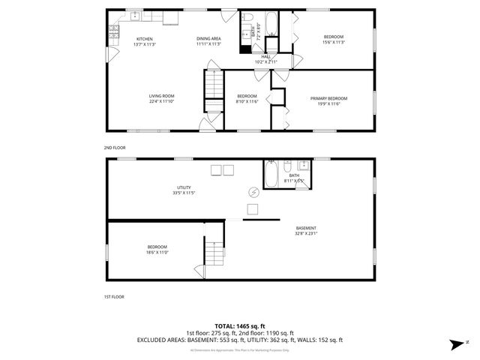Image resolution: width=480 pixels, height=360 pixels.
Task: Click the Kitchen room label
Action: coord(144,38)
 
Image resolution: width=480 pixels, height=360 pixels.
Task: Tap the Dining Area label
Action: coord(208,38)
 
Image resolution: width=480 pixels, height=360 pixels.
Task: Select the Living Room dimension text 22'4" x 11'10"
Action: coord(161,101)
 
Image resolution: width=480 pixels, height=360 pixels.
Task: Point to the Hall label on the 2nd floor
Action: coord(265,56)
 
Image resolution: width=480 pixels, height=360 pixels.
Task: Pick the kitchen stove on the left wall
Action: coord(114,31)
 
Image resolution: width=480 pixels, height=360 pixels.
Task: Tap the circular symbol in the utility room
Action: coord(253,192)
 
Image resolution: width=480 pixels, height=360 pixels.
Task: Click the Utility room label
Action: coord(184,187)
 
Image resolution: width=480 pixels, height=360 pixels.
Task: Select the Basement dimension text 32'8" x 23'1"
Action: coord(306,234)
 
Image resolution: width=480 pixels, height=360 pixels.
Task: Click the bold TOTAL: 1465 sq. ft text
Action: coord(240,325)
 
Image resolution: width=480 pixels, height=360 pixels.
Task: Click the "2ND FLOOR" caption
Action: coord(115,148)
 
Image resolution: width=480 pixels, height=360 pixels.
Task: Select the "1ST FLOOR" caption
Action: coord(114,296)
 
